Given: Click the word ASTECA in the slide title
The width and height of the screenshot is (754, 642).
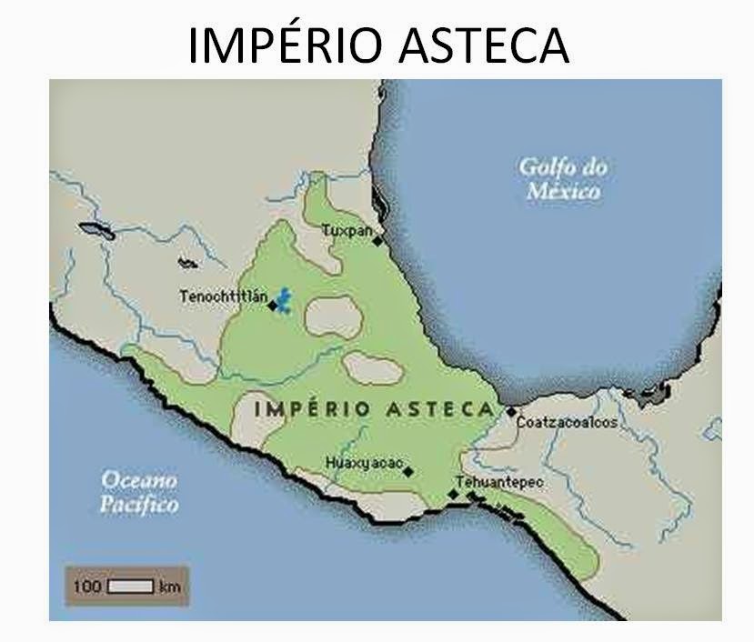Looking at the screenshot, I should point(482,44).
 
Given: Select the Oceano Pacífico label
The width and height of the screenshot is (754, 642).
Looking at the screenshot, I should point(139,491).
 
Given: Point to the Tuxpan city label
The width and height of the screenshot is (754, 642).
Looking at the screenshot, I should point(347,231).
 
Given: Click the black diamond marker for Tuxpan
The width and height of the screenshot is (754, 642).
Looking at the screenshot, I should point(377,241).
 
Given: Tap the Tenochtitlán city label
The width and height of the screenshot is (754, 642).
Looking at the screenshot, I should point(223,296).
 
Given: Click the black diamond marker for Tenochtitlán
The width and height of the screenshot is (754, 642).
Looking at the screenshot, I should point(272,306).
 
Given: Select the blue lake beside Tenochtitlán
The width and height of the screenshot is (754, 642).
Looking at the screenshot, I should point(285,297).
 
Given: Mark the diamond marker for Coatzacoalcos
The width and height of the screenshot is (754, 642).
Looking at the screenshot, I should point(511,412).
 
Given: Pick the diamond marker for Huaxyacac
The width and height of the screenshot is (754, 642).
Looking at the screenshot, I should point(408,471).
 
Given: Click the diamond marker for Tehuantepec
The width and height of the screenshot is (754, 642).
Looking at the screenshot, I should point(453,494).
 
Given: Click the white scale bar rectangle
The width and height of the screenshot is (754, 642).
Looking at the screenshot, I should point(131,587).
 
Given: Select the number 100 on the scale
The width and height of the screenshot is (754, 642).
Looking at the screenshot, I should point(87,587).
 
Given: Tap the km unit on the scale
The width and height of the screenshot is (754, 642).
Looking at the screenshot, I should point(169,587).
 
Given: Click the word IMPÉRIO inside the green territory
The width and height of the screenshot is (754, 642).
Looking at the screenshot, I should point(312,408).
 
